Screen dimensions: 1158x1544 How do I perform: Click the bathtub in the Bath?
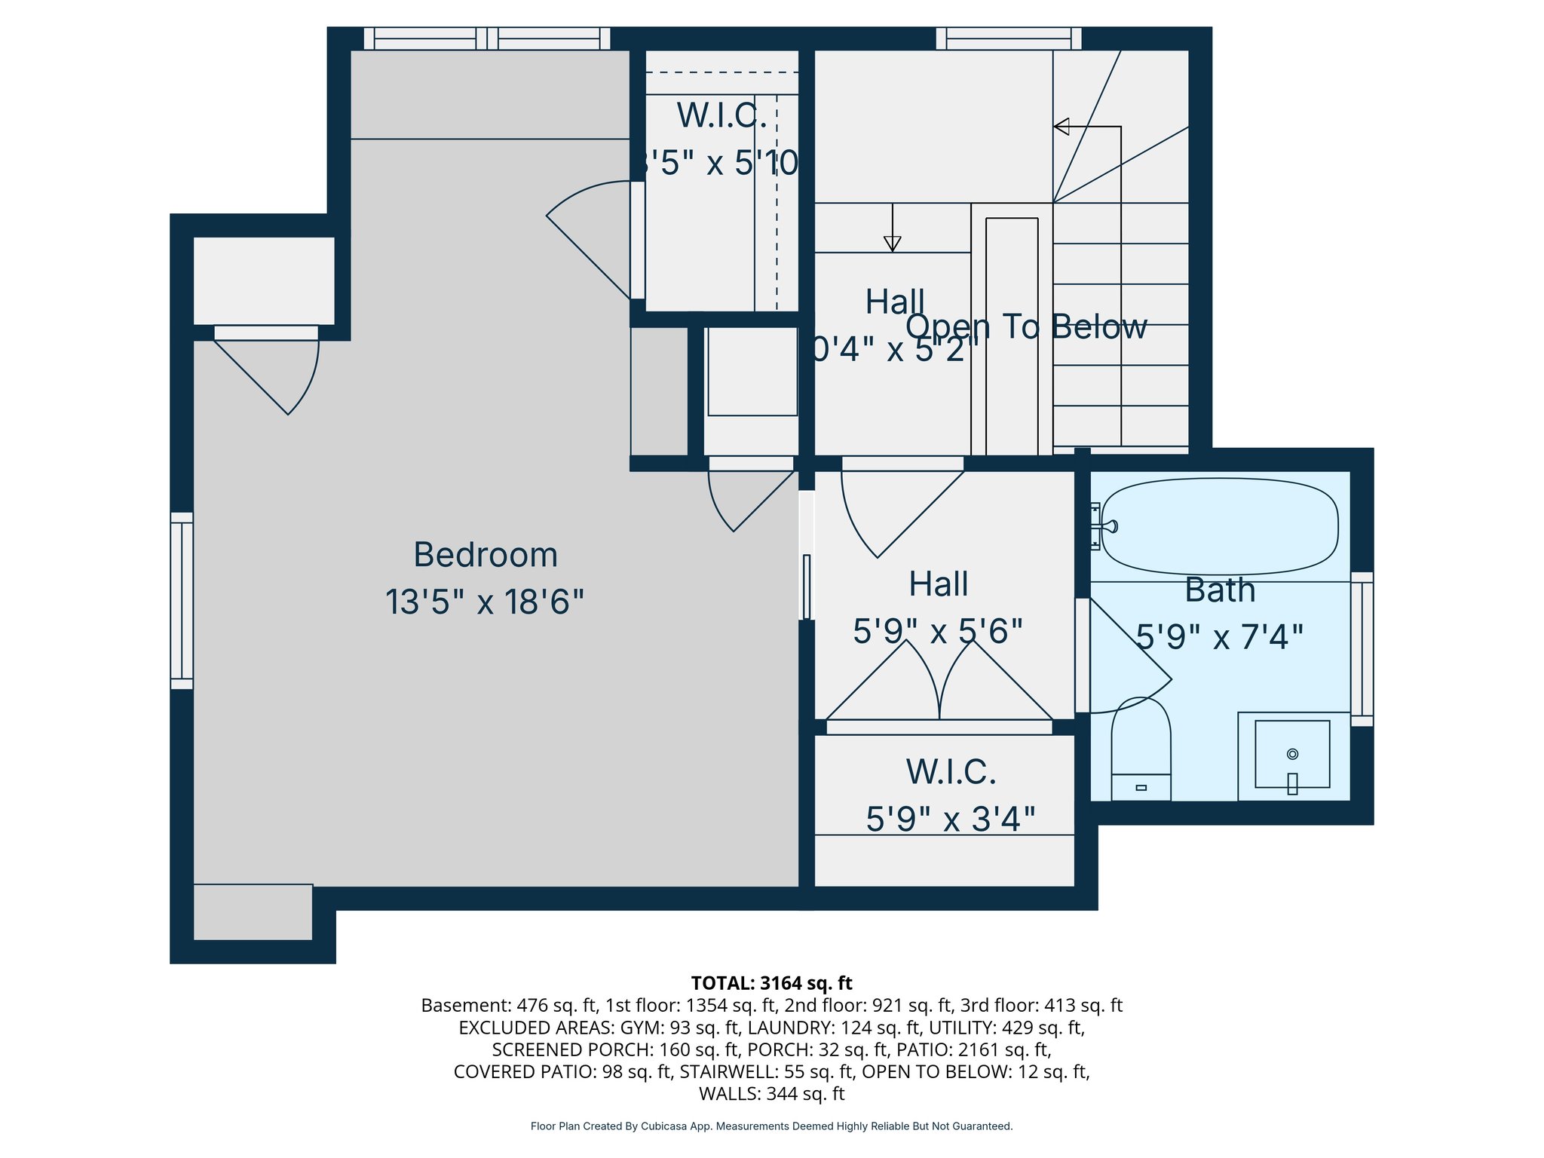(x=1219, y=526)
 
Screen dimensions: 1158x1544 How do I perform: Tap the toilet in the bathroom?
(x=1141, y=750)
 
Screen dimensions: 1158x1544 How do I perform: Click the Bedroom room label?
(x=486, y=555)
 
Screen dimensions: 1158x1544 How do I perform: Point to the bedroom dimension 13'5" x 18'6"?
(x=485, y=602)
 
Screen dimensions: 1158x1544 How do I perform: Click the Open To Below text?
(x=1026, y=326)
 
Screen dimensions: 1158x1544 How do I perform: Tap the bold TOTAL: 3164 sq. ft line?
(x=771, y=983)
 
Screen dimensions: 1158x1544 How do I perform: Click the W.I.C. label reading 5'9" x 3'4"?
(x=950, y=819)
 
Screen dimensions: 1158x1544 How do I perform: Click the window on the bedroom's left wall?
(x=182, y=601)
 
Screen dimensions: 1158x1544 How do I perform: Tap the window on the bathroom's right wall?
(x=1362, y=649)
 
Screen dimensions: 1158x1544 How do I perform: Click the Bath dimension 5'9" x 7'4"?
(x=1219, y=637)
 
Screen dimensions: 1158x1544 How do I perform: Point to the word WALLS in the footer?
(x=729, y=1093)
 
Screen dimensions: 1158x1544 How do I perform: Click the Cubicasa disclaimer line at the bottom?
(x=771, y=1126)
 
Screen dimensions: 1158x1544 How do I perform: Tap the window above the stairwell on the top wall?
(x=1008, y=38)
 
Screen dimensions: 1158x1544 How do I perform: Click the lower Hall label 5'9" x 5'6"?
(x=938, y=631)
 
